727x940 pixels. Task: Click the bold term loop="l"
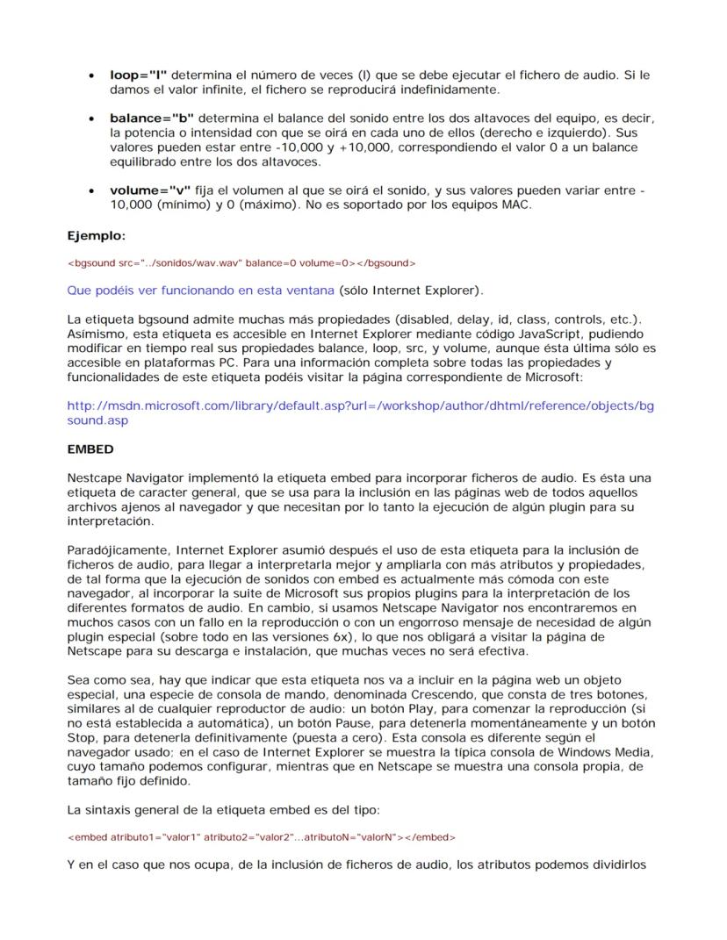click(138, 75)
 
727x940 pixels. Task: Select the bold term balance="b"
click(151, 118)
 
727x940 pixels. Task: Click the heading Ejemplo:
click(97, 235)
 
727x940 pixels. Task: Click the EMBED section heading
click(90, 448)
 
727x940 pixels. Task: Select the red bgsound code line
click(241, 262)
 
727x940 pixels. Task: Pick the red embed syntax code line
click(261, 836)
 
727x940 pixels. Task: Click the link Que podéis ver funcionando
click(200, 290)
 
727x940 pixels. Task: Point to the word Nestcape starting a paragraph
click(95, 478)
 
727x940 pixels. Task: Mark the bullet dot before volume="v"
click(91, 190)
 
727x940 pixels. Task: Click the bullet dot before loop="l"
click(91, 75)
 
